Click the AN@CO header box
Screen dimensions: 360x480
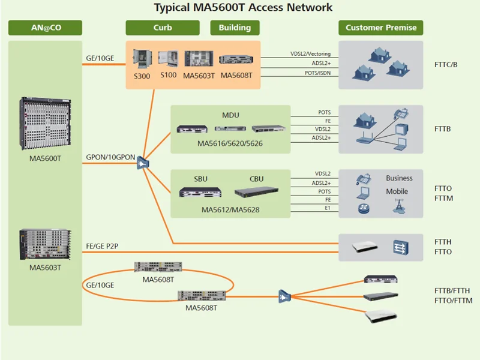(x=45, y=28)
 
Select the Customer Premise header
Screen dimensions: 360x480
(x=381, y=28)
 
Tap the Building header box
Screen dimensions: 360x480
(x=235, y=28)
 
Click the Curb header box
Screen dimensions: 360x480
(x=162, y=28)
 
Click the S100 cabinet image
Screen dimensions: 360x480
(x=169, y=58)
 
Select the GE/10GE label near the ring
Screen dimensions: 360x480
(x=100, y=286)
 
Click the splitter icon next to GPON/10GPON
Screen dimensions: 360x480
(x=142, y=163)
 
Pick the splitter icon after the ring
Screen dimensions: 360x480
(x=284, y=296)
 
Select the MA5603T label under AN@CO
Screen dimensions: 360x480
(x=45, y=268)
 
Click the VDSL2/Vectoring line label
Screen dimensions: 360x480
(x=310, y=54)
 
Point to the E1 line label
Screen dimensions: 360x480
(x=328, y=208)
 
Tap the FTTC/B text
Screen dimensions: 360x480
(x=446, y=65)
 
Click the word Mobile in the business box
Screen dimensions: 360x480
(x=397, y=191)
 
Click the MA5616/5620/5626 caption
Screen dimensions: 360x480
(x=230, y=144)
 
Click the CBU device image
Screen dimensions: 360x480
(x=256, y=191)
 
